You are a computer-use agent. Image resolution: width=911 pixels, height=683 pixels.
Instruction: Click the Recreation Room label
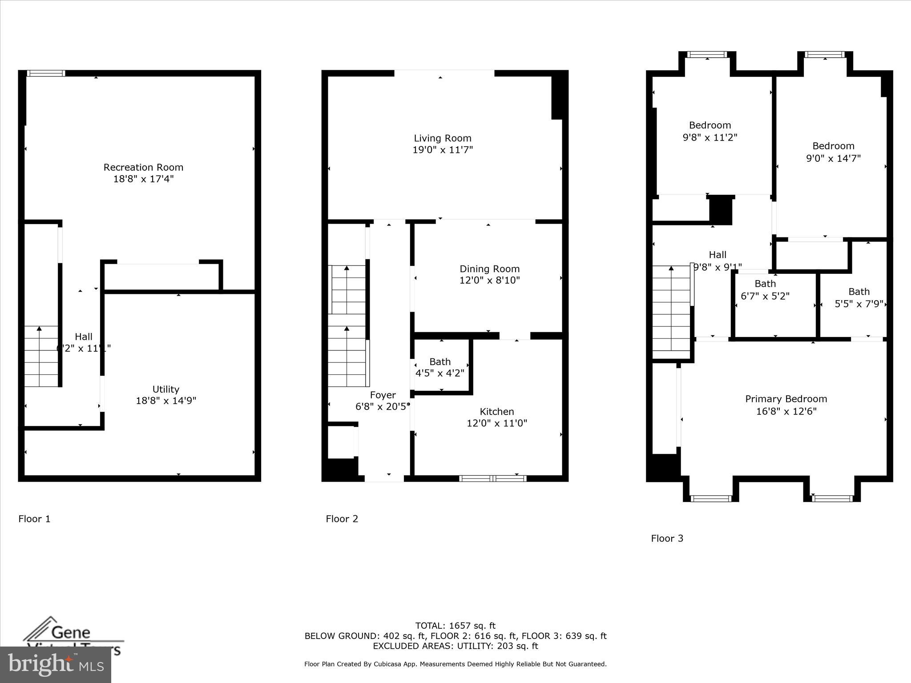[x=143, y=167]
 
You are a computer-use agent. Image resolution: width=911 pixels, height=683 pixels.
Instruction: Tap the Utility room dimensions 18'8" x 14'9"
[x=166, y=401]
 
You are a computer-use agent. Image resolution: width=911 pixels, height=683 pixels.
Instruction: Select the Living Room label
[x=442, y=138]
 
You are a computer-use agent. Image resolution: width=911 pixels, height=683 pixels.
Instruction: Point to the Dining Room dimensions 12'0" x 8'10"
[x=489, y=280]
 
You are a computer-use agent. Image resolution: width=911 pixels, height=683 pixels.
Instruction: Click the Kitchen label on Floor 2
[x=496, y=411]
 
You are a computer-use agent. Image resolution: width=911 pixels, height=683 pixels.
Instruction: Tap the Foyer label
[x=383, y=395]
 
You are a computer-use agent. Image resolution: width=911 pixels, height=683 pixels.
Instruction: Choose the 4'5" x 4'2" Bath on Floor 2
[x=440, y=367]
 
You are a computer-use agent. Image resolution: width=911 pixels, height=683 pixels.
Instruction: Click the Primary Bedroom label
[x=786, y=399]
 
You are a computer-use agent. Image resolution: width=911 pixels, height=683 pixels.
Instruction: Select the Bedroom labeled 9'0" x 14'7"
[x=833, y=152]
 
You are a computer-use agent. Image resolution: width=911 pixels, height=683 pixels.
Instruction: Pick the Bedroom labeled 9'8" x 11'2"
[x=710, y=131]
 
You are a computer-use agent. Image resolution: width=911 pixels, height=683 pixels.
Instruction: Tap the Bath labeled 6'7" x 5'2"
[x=765, y=289]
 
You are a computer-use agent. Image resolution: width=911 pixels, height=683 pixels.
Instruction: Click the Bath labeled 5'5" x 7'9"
[x=859, y=297]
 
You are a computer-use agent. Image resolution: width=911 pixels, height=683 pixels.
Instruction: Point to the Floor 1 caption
[x=34, y=518]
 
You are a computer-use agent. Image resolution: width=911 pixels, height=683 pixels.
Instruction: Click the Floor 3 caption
[x=667, y=538]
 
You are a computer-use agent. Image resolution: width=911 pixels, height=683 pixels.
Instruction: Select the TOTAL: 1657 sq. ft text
[x=455, y=626]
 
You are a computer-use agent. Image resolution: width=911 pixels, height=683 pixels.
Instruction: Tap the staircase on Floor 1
[x=41, y=356]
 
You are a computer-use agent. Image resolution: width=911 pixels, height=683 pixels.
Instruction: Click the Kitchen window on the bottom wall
[x=492, y=478]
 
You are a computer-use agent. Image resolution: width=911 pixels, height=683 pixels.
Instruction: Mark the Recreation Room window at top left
[x=46, y=73]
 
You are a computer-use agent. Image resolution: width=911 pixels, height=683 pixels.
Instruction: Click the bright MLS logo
[x=56, y=664]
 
